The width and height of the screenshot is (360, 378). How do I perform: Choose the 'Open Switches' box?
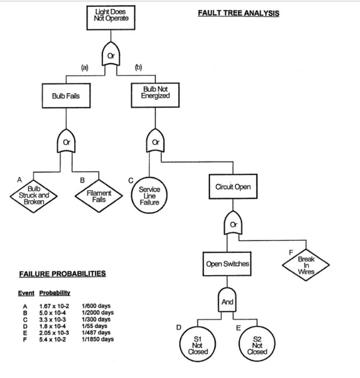pos(227,264)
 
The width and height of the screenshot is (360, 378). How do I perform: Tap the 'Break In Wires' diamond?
pos(306,266)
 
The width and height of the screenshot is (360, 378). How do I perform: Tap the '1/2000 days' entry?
pos(97,313)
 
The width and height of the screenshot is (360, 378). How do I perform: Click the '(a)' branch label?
pos(85,68)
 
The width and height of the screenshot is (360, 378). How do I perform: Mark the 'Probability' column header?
pos(55,293)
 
